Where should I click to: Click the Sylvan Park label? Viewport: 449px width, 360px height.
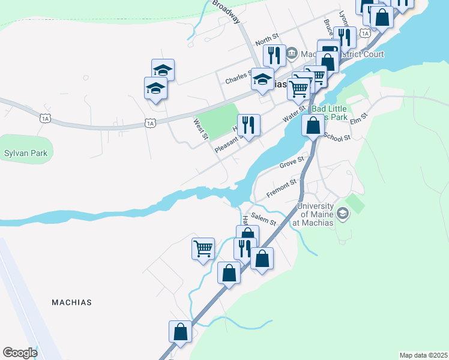[x=26, y=154]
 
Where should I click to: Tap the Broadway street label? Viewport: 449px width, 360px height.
[x=226, y=11]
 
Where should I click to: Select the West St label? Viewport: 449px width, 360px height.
[x=199, y=128]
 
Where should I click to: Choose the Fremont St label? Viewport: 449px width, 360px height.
[x=282, y=187]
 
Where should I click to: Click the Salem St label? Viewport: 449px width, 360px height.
[x=264, y=221]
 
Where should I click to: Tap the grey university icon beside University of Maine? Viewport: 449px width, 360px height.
[x=342, y=213]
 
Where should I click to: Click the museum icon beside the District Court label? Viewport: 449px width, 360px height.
[x=292, y=53]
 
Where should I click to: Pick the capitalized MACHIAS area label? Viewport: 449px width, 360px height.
[x=72, y=302]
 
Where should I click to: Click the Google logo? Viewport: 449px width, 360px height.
[x=20, y=352]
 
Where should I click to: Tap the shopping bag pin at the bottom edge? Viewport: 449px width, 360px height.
[x=181, y=332]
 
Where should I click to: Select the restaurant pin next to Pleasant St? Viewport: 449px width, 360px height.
[x=249, y=125]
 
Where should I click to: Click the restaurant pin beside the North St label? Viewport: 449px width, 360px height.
[x=274, y=56]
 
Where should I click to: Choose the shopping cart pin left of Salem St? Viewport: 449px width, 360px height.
[x=203, y=248]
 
